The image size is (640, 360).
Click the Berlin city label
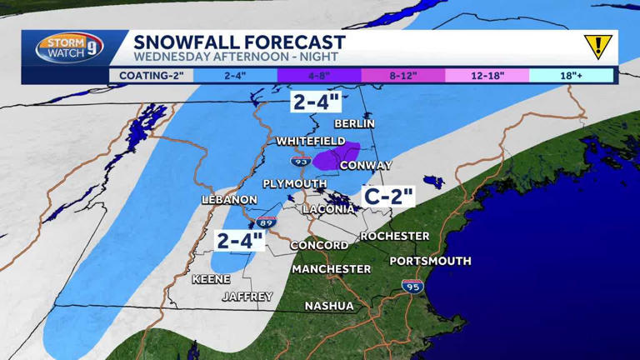354,123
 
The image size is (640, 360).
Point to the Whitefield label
312,142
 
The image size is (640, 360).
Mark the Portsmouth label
430,261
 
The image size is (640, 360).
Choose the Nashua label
328,306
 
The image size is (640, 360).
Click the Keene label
211,279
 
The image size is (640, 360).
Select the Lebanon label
229,200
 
